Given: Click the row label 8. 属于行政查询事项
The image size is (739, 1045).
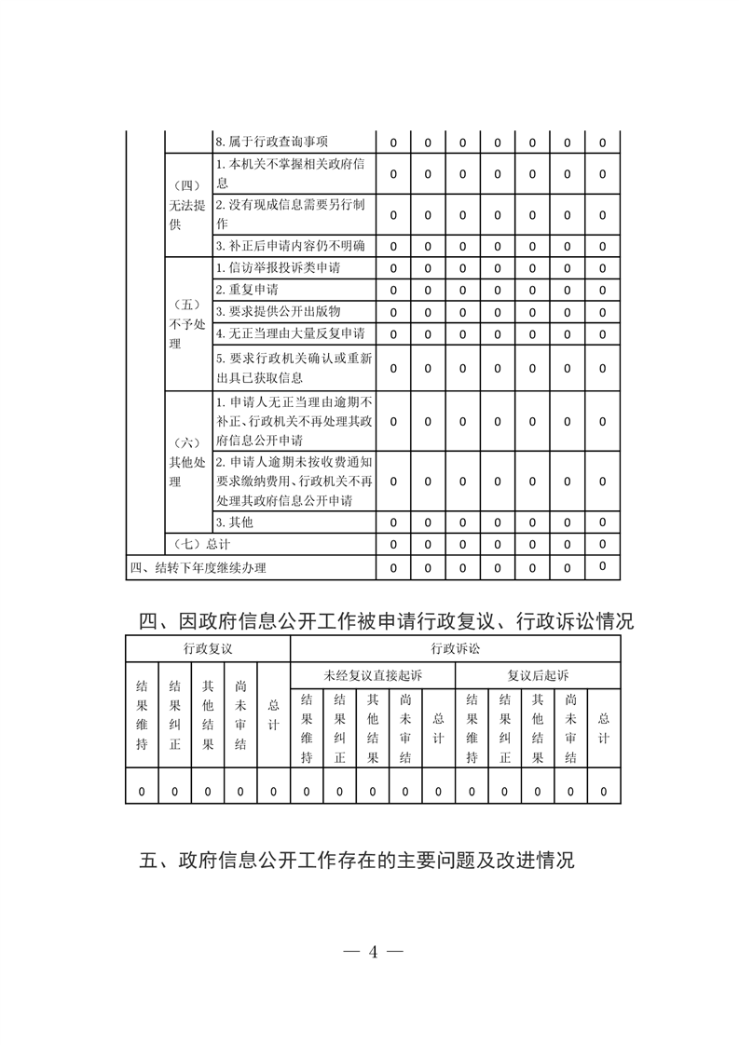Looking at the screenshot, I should coord(271,142).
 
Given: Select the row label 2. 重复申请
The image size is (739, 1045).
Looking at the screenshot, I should coord(240,290).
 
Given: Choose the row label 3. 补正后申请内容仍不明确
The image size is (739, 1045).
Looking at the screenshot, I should coord(290,246).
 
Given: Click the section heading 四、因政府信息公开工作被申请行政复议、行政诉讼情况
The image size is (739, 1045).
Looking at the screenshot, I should coord(386,620).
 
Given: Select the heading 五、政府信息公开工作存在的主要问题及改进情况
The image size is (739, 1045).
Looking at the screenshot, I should coord(357,861).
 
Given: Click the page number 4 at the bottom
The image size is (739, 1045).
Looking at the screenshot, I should coord(372,952).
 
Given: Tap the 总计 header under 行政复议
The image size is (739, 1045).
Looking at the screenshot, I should coord(273,715).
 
